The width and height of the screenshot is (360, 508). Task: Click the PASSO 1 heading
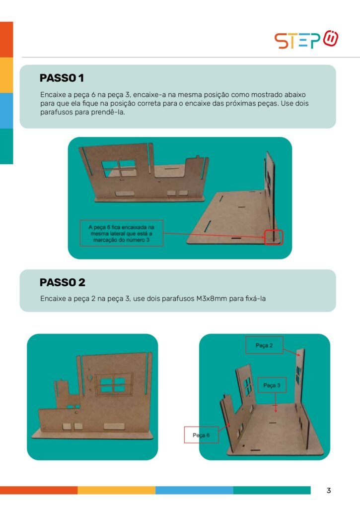(62, 78)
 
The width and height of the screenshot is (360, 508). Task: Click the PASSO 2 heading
(62, 282)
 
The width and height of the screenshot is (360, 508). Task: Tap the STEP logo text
(297, 41)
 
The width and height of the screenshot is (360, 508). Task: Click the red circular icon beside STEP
(331, 38)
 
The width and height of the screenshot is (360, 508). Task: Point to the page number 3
(329, 491)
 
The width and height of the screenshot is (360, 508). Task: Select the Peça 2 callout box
(264, 345)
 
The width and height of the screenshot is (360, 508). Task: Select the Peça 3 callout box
(272, 385)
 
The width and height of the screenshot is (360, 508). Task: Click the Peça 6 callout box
(201, 435)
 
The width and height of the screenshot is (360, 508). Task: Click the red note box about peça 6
(121, 233)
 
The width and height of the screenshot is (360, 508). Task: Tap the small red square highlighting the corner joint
(274, 237)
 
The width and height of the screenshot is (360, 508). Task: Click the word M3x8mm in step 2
(212, 298)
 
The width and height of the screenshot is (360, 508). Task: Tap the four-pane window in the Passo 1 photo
(119, 169)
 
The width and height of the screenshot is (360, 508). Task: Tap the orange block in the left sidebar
(6, 40)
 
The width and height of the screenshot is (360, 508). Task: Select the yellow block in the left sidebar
(6, 75)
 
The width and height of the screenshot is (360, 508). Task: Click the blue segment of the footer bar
(194, 490)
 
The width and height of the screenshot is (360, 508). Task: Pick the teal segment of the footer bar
(272, 490)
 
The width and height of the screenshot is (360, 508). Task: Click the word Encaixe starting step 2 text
(53, 298)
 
